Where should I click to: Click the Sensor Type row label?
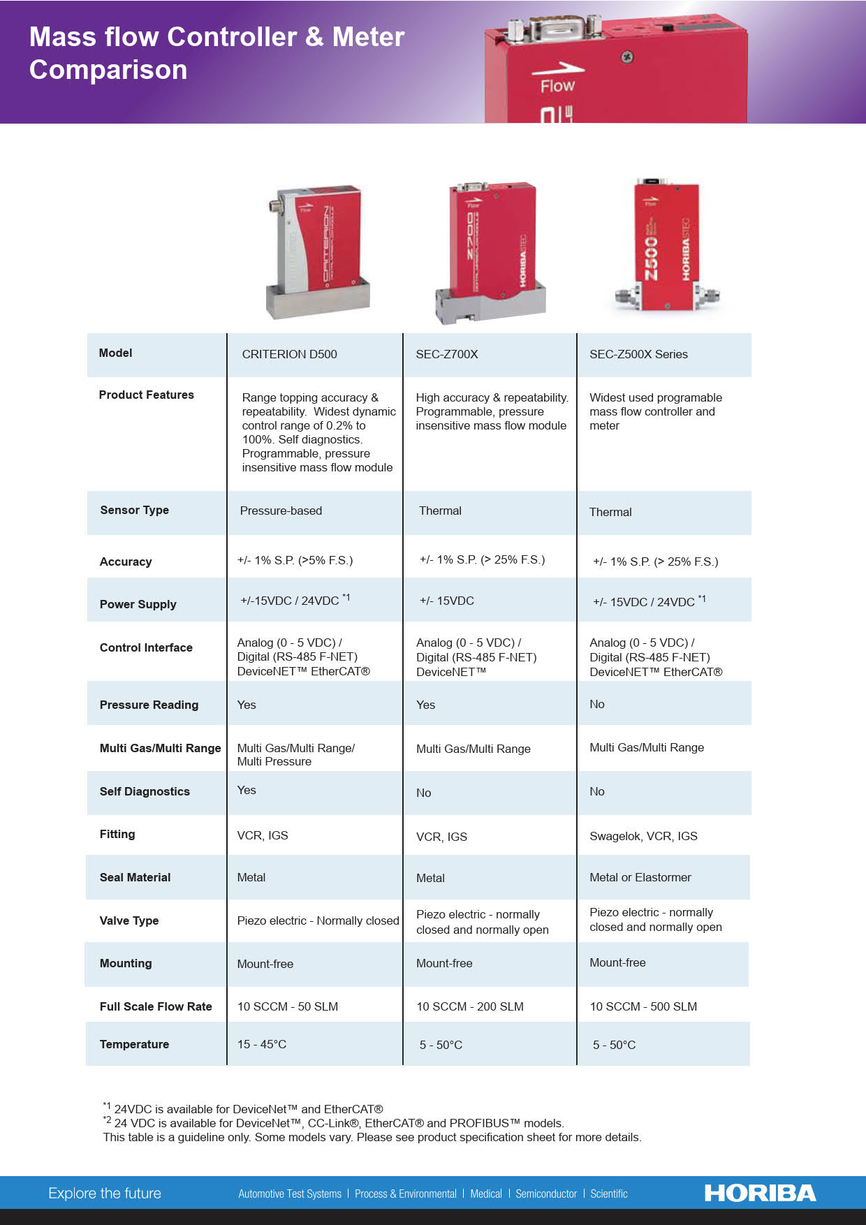135,510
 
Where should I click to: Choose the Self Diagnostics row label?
145,791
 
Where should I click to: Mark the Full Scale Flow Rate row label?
156,1006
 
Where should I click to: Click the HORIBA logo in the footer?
760,1193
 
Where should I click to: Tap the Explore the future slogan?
105,1193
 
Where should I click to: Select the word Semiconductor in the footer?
546,1194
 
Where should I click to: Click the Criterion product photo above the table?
318,251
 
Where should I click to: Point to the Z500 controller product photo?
667,248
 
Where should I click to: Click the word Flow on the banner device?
557,86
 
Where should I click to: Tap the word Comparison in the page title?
108,70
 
